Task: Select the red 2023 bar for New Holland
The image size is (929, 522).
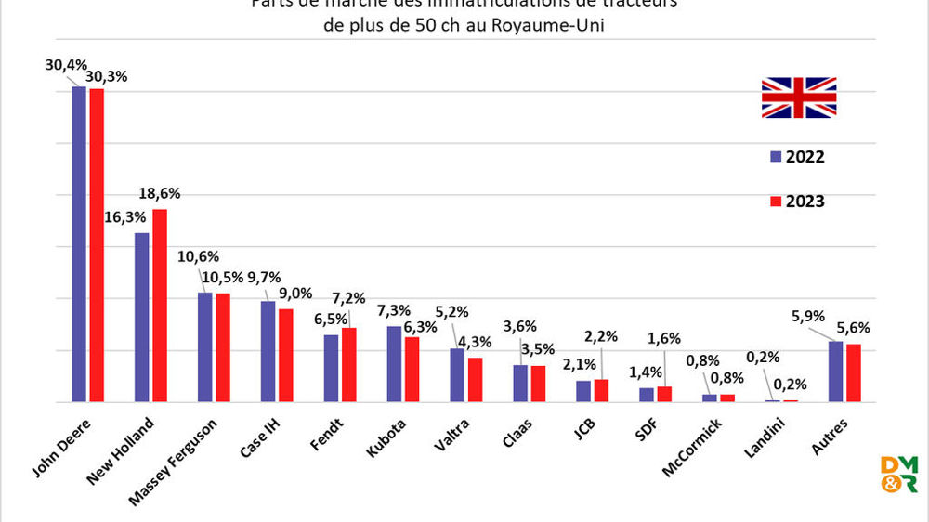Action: [x=160, y=306]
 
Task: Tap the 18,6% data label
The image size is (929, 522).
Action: [x=160, y=194]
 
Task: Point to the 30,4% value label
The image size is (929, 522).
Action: [x=65, y=65]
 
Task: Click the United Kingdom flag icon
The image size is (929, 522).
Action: [x=798, y=98]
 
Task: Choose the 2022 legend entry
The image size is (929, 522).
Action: [x=797, y=156]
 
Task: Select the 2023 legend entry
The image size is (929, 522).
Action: [x=797, y=201]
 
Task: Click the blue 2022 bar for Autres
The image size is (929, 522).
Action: [x=835, y=372]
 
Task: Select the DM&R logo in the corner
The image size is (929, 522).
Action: [x=897, y=474]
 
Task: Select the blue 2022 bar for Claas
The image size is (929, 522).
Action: [x=520, y=383]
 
